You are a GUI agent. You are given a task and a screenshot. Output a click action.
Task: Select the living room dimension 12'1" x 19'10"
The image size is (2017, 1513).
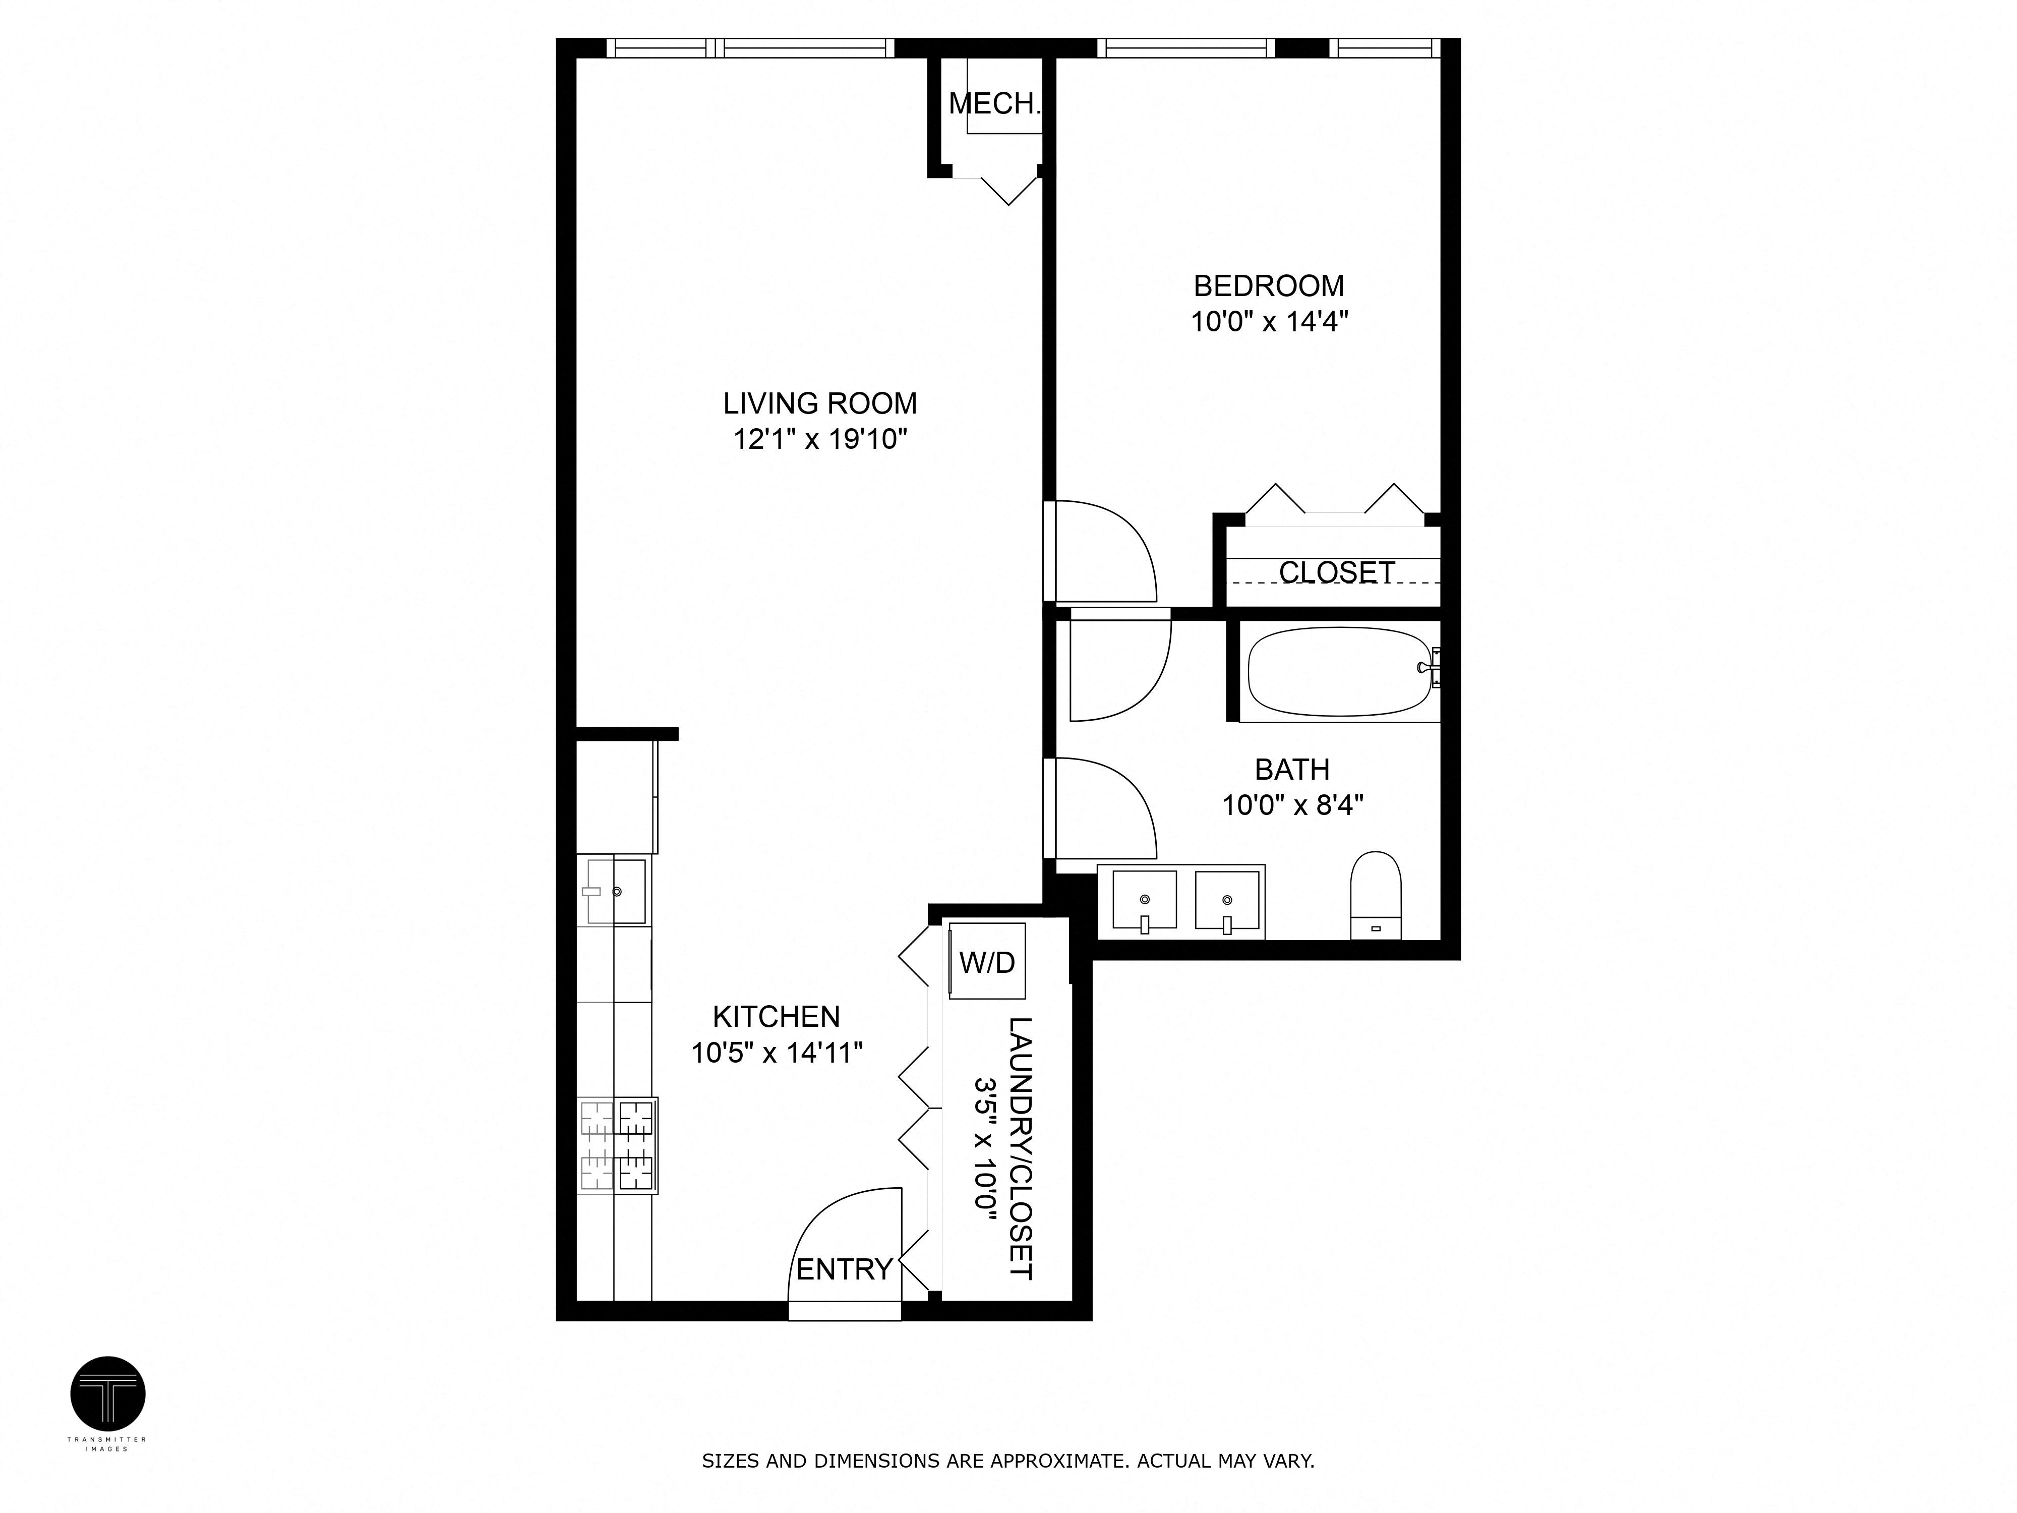(820, 440)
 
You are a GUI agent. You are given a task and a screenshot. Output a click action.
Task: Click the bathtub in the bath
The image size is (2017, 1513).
(1338, 672)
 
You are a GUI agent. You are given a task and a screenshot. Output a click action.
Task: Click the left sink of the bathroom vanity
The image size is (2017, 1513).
(1144, 900)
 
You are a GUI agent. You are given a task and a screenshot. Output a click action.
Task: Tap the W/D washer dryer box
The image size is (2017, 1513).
(987, 961)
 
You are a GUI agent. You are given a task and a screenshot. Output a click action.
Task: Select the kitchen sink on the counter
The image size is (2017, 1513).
(616, 891)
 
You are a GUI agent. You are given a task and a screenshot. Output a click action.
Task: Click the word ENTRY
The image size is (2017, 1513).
(844, 1268)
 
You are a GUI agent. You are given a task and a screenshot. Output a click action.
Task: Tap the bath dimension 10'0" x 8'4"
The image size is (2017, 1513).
(1292, 805)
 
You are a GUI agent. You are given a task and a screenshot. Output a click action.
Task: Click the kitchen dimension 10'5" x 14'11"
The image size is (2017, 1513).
(776, 1054)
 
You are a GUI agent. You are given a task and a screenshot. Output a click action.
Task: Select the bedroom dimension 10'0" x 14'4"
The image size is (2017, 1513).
(1268, 322)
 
